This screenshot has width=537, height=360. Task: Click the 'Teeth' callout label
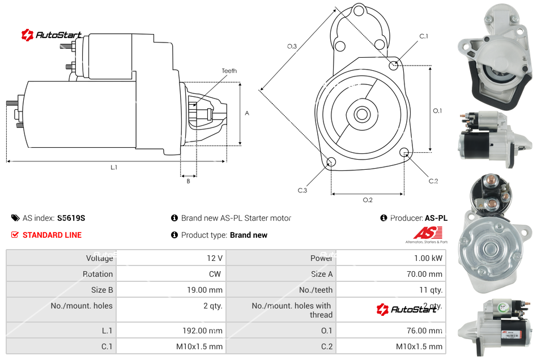tap(229, 71)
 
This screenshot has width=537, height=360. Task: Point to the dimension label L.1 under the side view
tap(114, 168)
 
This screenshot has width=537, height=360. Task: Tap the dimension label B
tap(188, 181)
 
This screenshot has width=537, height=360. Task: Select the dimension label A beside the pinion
tap(247, 113)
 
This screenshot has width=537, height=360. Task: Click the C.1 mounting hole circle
tap(394, 66)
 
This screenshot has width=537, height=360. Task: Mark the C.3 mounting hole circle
tap(331, 163)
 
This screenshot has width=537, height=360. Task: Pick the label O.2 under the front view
tap(368, 199)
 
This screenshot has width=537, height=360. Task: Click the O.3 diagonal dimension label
tap(292, 46)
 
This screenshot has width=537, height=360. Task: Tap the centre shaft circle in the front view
tap(361, 114)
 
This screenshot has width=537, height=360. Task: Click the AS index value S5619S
tap(71, 218)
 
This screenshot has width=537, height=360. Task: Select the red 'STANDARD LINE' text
tap(52, 235)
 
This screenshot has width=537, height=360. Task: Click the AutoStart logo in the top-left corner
tap(52, 35)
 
